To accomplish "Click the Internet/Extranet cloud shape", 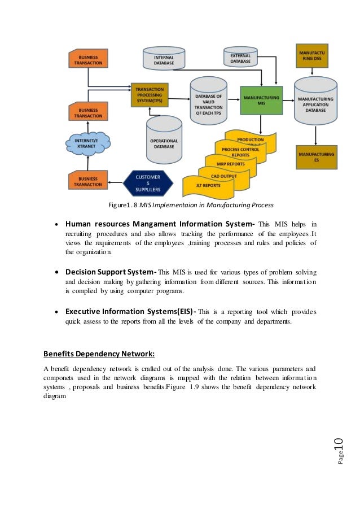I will click(87, 142).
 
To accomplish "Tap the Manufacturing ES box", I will click(315, 156).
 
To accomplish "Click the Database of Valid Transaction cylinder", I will click(208, 101).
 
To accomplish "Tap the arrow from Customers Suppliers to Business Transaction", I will click(115, 182).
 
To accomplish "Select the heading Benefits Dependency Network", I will click(99, 355).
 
